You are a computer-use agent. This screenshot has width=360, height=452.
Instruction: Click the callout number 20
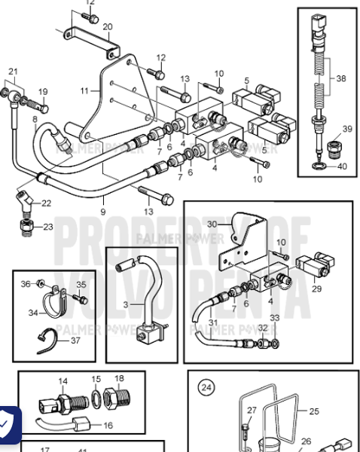click(107, 26)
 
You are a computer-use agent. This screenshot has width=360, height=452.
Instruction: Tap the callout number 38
click(341, 78)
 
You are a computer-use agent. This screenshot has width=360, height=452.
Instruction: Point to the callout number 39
click(347, 130)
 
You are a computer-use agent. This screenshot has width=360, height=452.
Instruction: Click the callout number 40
click(343, 166)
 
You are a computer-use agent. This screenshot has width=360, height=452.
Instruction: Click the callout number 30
click(212, 224)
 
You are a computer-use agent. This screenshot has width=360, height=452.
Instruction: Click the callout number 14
click(63, 380)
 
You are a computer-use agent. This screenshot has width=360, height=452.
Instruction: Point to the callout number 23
click(47, 226)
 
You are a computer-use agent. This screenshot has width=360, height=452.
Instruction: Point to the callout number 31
click(212, 323)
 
